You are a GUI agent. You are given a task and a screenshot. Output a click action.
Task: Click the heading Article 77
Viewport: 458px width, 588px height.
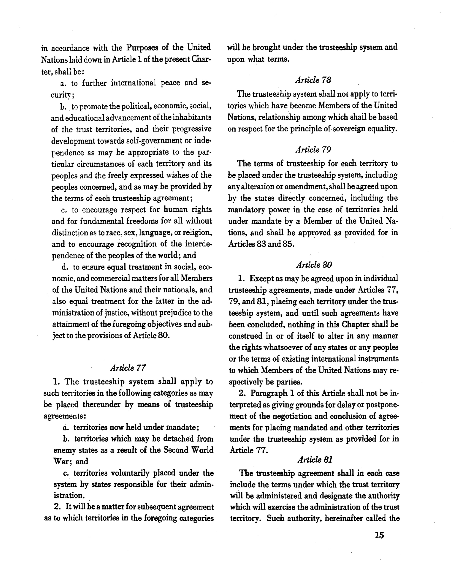(128, 368)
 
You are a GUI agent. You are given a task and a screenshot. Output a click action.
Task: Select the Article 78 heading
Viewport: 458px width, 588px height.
(313, 80)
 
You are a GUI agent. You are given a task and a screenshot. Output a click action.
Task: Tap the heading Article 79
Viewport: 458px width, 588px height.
(313, 149)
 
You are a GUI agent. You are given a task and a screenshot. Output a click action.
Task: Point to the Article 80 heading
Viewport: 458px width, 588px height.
(314, 265)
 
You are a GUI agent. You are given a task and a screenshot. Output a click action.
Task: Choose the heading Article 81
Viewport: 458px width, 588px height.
(315, 460)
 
